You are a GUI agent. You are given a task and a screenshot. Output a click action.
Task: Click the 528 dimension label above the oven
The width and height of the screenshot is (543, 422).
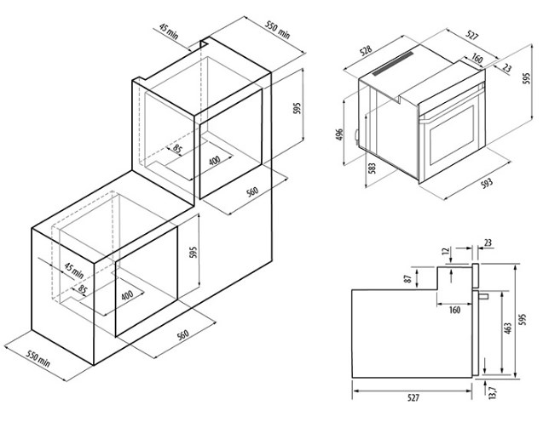(x=366, y=50)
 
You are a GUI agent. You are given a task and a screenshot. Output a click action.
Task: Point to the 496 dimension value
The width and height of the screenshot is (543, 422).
(x=339, y=134)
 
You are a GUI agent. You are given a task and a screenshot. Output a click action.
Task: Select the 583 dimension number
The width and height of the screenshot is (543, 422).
(x=372, y=168)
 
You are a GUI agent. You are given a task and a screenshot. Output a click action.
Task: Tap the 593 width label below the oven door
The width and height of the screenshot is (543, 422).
(x=487, y=183)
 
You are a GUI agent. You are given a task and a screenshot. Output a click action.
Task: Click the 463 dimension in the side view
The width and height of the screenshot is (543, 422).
(x=507, y=328)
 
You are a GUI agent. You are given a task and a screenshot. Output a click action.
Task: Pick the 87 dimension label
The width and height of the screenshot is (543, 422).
(x=408, y=278)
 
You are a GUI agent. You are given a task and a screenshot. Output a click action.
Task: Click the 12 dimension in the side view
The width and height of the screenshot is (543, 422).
(x=446, y=250)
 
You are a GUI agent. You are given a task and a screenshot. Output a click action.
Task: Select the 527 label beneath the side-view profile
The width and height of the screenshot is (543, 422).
(x=413, y=397)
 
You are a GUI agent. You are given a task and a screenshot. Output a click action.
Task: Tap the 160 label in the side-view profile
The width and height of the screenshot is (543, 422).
(x=454, y=310)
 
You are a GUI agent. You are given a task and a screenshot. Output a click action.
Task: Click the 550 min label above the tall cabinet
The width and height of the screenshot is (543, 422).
(x=278, y=30)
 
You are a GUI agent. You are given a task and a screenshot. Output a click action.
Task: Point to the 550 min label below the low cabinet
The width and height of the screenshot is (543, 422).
(x=39, y=359)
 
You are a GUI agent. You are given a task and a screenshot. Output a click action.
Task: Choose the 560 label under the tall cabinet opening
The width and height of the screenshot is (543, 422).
(x=252, y=191)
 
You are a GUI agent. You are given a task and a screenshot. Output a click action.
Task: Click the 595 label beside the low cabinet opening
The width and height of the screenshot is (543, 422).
(x=194, y=253)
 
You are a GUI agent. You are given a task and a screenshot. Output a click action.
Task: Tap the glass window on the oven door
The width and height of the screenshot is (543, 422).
(x=452, y=135)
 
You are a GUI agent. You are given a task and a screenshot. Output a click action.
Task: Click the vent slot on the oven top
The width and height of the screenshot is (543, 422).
(x=394, y=64)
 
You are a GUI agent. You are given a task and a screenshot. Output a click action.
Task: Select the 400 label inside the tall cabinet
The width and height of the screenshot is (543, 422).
(x=214, y=161)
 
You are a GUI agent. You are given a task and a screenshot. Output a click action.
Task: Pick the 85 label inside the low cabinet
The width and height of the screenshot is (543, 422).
(x=82, y=288)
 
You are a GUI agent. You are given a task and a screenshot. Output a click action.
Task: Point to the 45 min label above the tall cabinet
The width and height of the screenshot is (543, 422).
(x=169, y=31)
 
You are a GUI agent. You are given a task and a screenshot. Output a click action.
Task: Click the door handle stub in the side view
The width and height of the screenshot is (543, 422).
(x=483, y=296)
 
